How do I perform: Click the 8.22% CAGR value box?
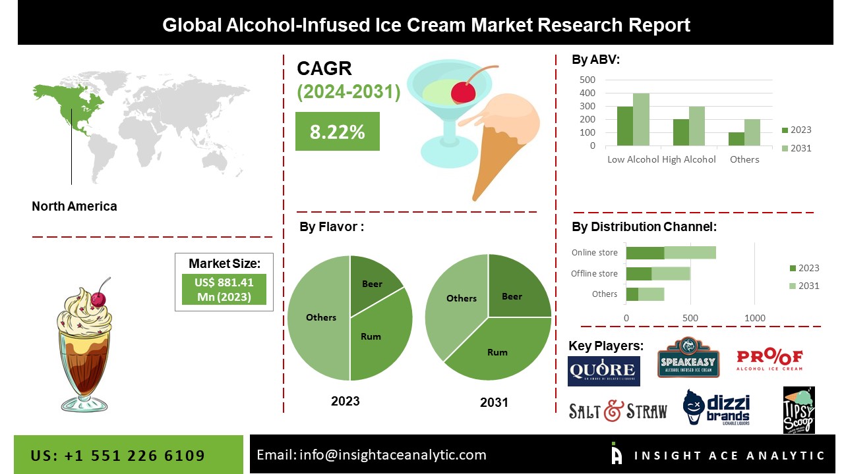click(337, 132)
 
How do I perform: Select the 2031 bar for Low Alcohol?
click(641, 119)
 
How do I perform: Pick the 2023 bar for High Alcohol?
click(680, 132)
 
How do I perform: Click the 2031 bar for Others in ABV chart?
click(752, 132)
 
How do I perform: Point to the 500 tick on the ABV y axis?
click(587, 80)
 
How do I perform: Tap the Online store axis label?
click(595, 252)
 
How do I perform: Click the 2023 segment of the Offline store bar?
click(638, 273)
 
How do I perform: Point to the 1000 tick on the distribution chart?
click(755, 318)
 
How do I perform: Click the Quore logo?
click(603, 371)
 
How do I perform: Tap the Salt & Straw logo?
click(618, 411)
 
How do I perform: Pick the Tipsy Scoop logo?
click(799, 410)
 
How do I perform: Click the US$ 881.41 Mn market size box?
click(224, 290)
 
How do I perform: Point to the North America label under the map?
click(75, 206)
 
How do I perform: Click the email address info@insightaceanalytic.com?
click(371, 454)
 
